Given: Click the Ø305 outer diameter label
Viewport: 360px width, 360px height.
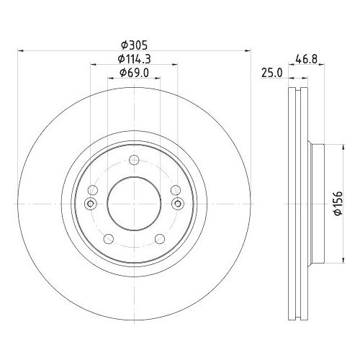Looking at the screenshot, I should [134, 43].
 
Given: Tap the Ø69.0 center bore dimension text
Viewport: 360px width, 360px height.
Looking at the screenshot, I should [134, 74].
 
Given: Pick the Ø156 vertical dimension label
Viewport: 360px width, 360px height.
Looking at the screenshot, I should [336, 202].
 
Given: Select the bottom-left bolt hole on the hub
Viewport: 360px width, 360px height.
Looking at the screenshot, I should [107, 239].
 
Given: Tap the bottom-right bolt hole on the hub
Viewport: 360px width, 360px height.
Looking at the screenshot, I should [162, 239].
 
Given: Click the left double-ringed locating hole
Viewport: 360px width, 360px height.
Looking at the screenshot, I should [90, 204].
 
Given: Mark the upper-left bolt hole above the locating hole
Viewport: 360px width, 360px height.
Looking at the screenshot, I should [91, 190].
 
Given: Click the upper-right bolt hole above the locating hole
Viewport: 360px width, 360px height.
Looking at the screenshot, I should [177, 190].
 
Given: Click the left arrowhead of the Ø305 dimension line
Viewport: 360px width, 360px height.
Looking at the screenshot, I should [19, 51].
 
